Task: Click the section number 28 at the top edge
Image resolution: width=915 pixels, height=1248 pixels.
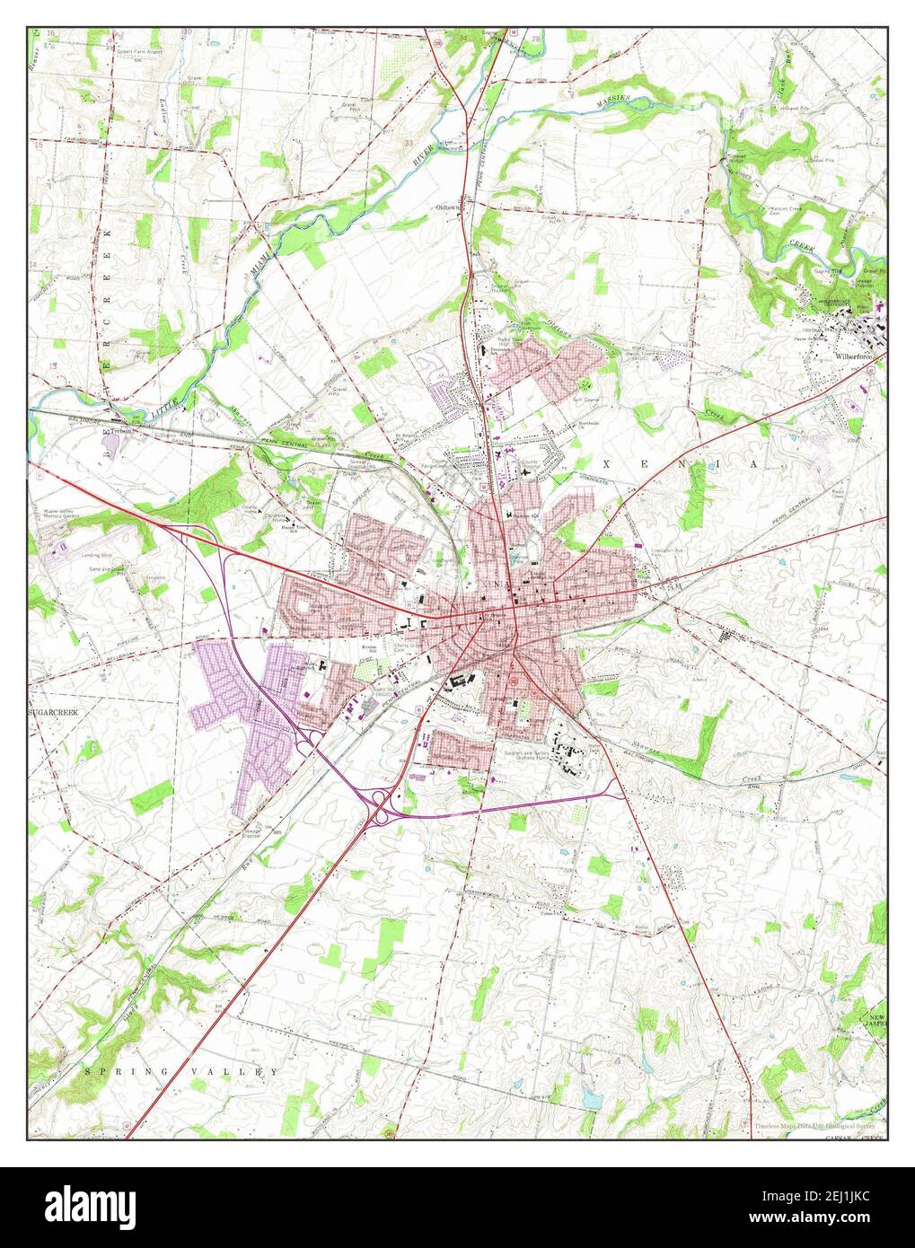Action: (536, 40)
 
